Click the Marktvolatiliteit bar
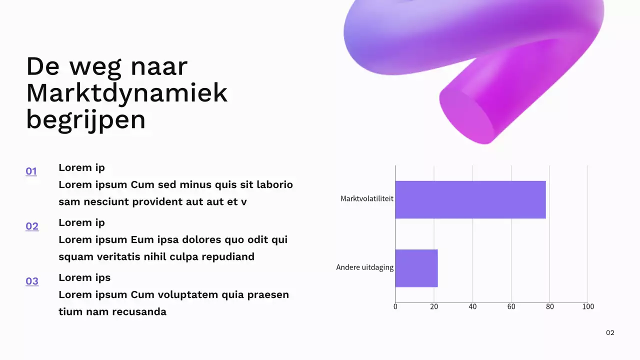[x=470, y=199]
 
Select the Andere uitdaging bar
[x=416, y=268]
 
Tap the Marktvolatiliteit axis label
[x=366, y=198]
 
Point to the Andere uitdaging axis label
[x=364, y=267]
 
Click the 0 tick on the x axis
[x=395, y=306]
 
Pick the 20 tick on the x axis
[x=433, y=306]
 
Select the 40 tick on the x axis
[x=472, y=306]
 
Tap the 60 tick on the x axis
[x=511, y=306]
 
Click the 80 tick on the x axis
[x=549, y=306]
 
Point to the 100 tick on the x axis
[x=588, y=306]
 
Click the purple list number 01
[x=31, y=171]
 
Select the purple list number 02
[x=32, y=226]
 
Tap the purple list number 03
[x=32, y=281]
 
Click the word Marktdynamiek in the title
[x=126, y=93]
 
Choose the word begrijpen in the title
[x=85, y=120]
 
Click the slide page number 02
[x=610, y=333]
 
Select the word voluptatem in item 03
[x=188, y=295]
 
